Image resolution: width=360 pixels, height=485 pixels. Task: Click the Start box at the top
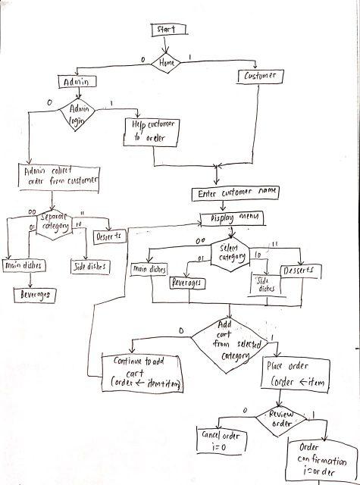coord(166,29)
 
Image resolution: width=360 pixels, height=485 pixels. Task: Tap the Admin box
coord(77,81)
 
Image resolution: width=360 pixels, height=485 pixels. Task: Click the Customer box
coord(261,77)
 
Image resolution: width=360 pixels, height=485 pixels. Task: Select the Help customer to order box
coord(154,130)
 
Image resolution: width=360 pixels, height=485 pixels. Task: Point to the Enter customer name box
coord(237,194)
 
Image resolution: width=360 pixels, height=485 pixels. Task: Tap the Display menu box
coord(231,218)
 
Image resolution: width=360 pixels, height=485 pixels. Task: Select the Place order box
coord(296,374)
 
